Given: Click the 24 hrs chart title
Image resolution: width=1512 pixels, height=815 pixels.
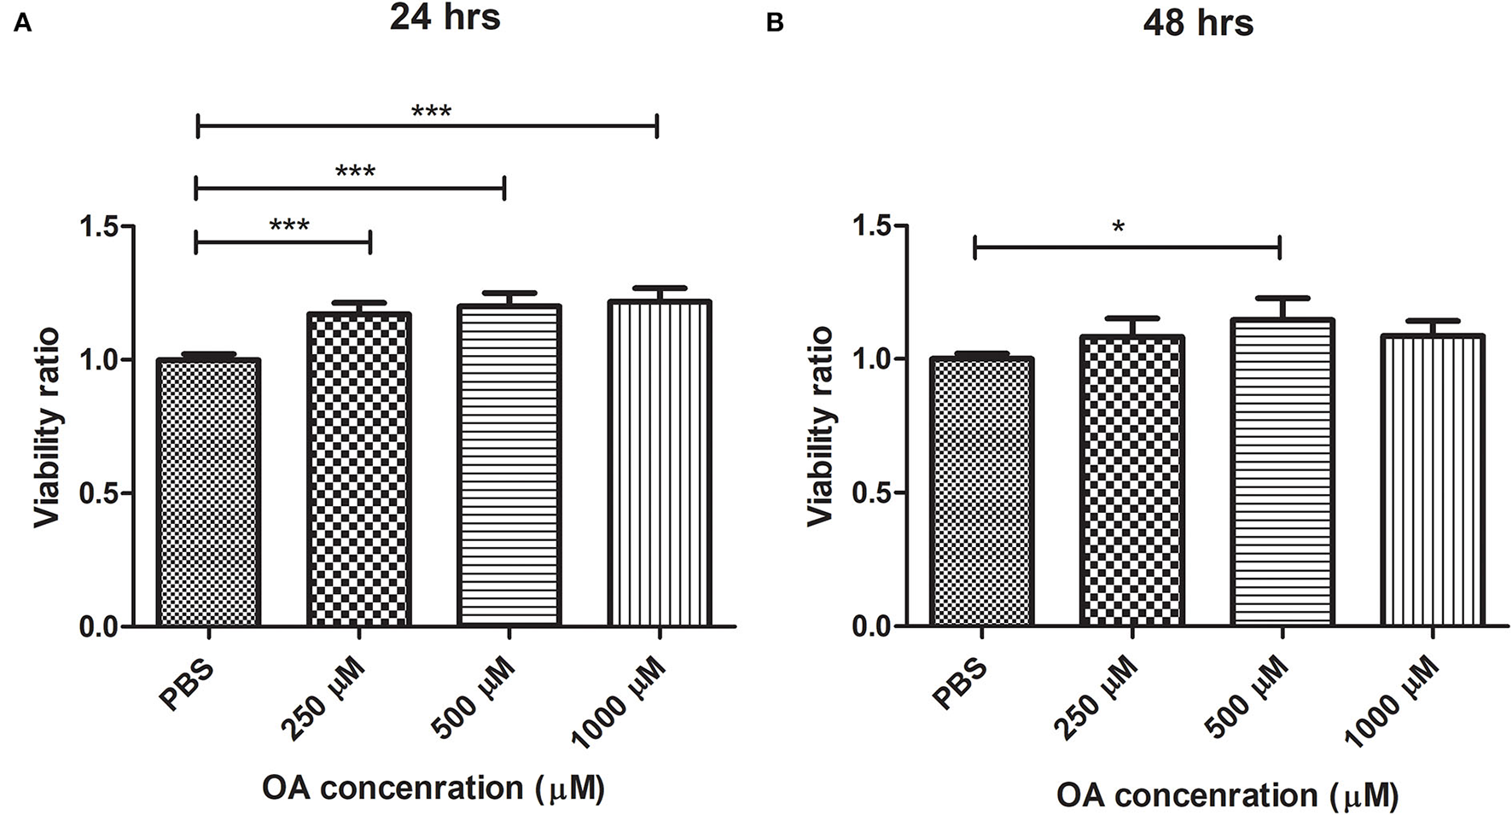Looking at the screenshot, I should coord(445,18).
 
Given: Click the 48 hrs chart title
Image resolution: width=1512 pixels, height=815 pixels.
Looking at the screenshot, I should coord(1198,23).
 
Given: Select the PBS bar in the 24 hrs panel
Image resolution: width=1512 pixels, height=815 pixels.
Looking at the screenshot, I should coord(208,492).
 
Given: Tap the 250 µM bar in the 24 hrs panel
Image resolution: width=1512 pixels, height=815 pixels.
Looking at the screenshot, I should coord(358,469).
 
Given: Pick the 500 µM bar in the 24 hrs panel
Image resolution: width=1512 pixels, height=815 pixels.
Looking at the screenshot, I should coord(509,465).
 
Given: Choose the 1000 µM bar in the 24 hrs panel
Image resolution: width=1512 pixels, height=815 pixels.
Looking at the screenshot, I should coord(659,463).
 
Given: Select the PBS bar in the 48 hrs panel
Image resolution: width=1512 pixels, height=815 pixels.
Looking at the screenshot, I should coord(983,492).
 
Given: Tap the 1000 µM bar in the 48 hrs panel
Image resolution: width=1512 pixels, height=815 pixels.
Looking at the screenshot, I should coord(1433,480).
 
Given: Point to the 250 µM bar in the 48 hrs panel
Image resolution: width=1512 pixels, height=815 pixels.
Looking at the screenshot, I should coord(1132,480).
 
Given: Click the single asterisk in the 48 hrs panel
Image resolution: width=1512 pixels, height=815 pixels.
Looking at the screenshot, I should coord(1119,228).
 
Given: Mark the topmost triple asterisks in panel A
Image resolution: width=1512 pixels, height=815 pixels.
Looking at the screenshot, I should coord(431,112).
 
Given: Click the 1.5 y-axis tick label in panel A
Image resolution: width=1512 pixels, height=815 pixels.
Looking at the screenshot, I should coord(100,227).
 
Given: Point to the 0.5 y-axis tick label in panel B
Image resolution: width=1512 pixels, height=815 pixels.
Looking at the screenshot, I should coord(874,493).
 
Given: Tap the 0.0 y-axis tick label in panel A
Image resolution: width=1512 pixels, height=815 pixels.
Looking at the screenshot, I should coord(100,627).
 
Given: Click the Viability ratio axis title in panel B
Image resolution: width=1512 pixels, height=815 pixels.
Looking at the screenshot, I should coord(820,427).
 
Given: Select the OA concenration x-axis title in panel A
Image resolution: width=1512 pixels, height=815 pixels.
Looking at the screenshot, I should coord(433,788).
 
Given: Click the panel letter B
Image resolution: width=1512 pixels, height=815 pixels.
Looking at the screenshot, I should coord(775,23).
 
